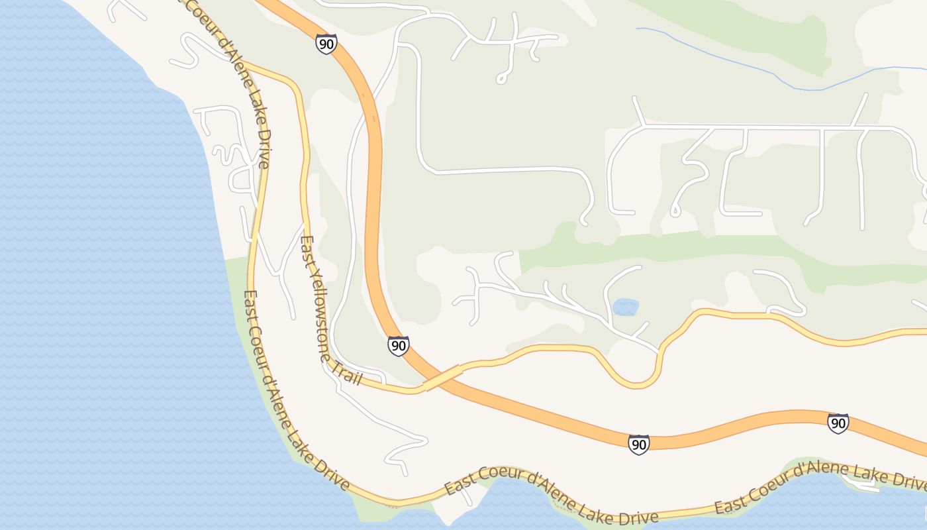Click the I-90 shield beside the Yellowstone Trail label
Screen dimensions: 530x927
[398, 345]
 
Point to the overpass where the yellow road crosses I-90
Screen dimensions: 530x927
[442, 377]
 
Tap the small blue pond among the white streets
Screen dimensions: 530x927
[626, 307]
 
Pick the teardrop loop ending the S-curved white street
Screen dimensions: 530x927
[675, 212]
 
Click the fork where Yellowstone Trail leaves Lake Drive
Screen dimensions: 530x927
[242, 63]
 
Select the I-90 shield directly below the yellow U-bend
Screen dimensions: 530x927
[638, 444]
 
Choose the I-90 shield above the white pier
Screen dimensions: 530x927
[838, 423]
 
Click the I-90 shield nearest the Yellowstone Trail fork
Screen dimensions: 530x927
[326, 44]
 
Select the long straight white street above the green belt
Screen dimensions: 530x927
[748, 126]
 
